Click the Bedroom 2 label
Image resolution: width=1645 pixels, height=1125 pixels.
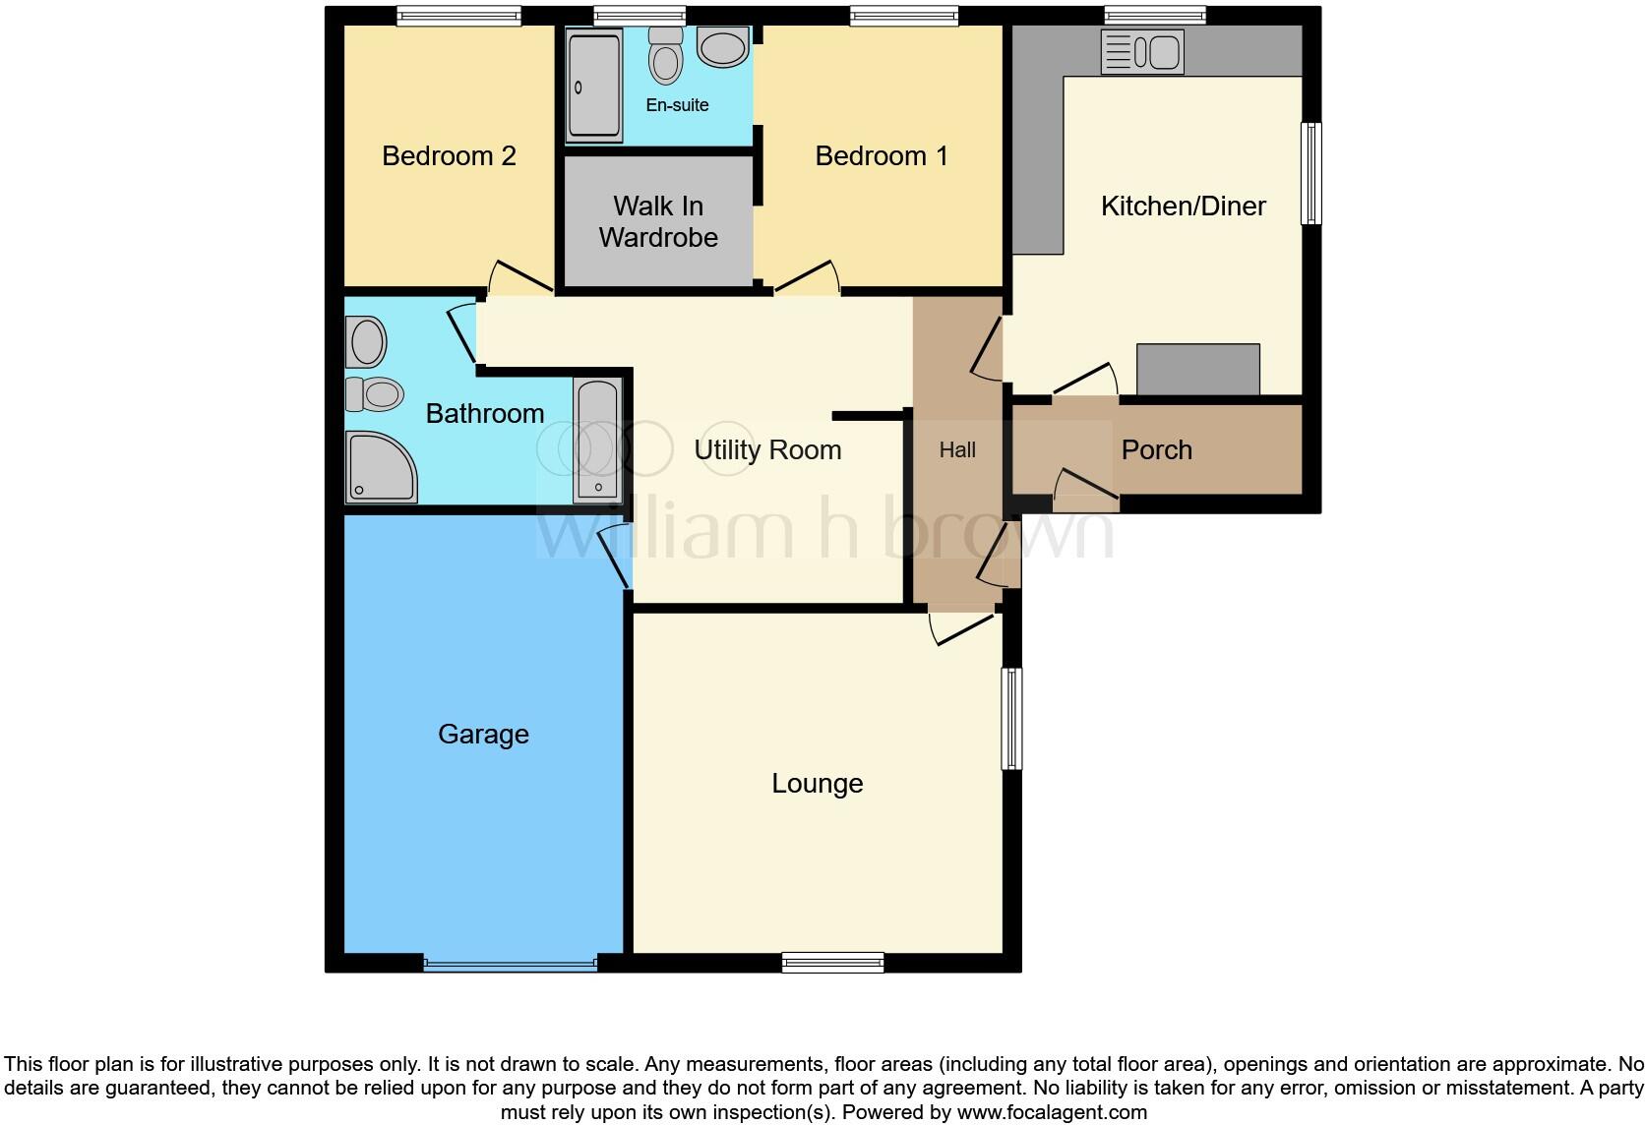[449, 156]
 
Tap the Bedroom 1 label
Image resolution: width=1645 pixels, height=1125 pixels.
[882, 156]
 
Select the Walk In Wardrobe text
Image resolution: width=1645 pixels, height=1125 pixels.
[658, 221]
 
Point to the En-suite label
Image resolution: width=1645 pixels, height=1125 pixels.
[677, 105]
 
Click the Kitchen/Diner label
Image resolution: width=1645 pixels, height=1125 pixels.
[1183, 207]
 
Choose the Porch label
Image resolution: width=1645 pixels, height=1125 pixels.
[1156, 450]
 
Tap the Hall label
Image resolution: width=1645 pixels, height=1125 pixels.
[957, 450]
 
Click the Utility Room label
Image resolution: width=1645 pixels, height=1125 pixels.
[767, 450]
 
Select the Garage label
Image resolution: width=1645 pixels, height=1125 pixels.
[483, 735]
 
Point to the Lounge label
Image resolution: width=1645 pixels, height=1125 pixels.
[817, 784]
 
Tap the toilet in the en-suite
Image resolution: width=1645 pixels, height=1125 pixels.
[666, 57]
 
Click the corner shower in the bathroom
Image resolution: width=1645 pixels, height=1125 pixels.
[379, 468]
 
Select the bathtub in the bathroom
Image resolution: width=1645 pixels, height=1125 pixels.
[598, 441]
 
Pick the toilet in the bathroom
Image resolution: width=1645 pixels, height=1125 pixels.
[375, 394]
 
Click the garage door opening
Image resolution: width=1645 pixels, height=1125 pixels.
[510, 964]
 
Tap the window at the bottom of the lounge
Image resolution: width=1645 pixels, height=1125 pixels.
[832, 963]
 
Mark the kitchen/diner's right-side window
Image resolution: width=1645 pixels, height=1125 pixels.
[1310, 173]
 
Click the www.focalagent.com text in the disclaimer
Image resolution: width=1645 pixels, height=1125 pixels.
[1052, 1113]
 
